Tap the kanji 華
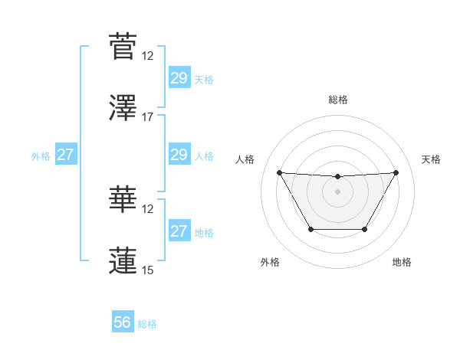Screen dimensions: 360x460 pos(123,198)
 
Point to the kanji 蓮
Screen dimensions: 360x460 pos(123,260)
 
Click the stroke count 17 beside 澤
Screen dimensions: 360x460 pos(148,117)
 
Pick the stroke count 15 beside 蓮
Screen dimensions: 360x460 pos(148,270)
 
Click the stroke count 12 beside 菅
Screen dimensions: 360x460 pos(148,56)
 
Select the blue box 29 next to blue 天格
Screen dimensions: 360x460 pos(179,78)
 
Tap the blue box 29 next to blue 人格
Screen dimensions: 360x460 pos(179,155)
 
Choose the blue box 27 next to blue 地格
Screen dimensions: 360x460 pos(179,231)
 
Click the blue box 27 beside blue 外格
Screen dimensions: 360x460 pos(66,155)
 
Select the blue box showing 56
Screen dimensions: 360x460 pos(123,322)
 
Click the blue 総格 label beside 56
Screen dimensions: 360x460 pos(147,324)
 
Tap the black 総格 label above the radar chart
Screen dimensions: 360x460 pos(337,100)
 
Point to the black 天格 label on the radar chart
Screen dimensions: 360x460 pos(432,159)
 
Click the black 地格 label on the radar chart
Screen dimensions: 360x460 pos(402,262)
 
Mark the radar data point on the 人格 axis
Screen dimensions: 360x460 pos(279,172)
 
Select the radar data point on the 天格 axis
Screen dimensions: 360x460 pos(396,172)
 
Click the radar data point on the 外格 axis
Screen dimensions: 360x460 pos(310,229)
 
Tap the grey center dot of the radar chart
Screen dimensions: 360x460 pos(337,191)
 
